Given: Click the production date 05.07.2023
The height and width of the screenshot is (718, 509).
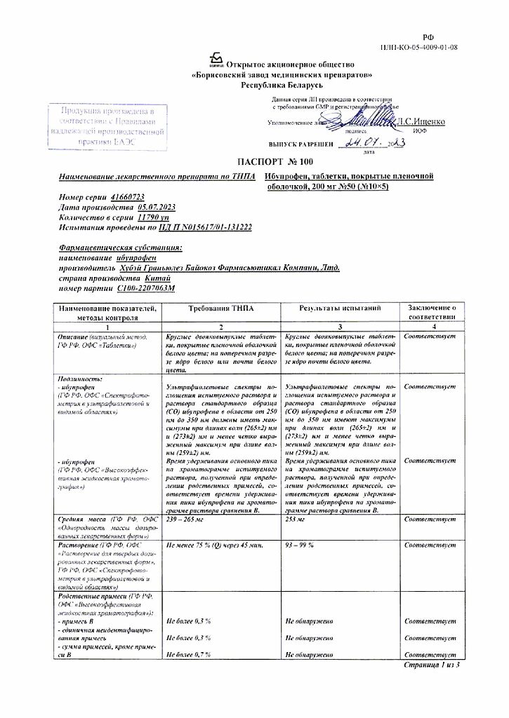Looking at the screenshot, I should click(157, 208).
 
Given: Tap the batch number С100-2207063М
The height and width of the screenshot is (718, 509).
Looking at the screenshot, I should click(146, 288).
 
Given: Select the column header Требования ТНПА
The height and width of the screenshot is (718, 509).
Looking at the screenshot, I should click(221, 309).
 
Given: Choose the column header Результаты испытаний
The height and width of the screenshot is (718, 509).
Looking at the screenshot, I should click(340, 309).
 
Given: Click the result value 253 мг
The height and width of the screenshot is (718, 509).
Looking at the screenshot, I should click(295, 520).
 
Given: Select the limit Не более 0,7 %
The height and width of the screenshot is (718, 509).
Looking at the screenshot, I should click(189, 653).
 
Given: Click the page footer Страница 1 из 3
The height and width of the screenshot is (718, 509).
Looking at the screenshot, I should click(431, 664).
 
